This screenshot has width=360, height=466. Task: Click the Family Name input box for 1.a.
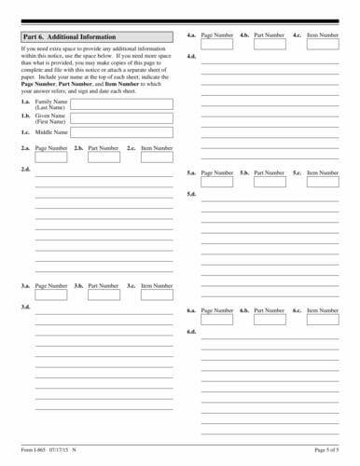(x=121, y=104)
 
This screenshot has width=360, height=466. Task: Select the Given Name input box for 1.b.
(x=121, y=119)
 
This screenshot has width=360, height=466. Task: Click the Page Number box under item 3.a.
(x=50, y=295)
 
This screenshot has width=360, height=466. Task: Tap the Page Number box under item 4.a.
(x=216, y=44)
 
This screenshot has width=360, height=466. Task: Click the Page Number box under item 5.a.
(x=216, y=182)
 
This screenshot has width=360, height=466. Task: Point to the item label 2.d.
(x=25, y=171)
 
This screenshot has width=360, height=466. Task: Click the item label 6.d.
(x=191, y=332)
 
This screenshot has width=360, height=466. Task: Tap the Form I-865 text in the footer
(x=34, y=450)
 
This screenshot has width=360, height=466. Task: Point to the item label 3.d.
(x=25, y=307)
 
